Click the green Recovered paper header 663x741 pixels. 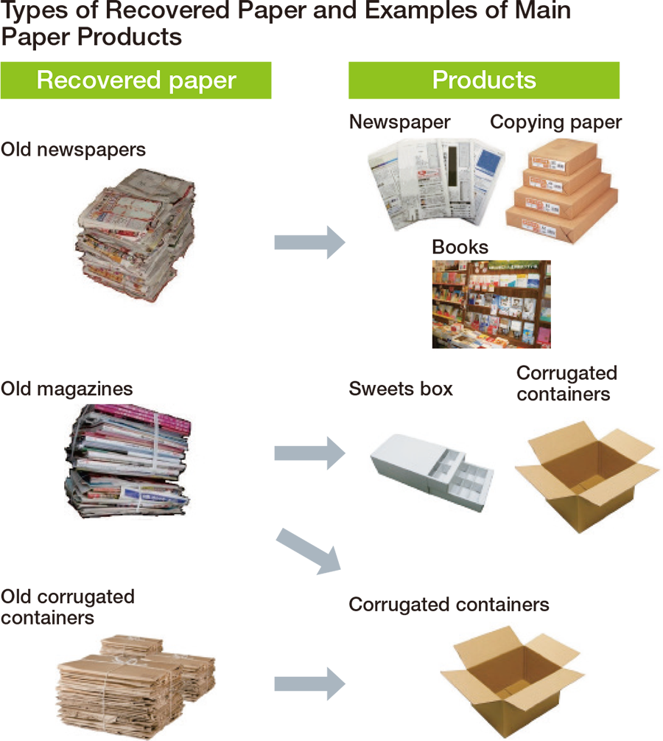point(136,80)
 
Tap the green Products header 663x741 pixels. point(484,80)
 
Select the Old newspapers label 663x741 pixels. point(73,150)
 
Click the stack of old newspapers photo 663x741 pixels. point(136,234)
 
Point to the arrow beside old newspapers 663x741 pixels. point(310,242)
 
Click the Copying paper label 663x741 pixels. point(555,122)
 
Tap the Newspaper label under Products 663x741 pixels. point(399,122)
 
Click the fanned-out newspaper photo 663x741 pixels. point(435,184)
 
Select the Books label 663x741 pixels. point(460,247)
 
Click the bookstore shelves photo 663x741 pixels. point(491,305)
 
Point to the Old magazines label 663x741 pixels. point(66,389)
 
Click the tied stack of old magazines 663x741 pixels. point(127,461)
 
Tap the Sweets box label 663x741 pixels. point(401,389)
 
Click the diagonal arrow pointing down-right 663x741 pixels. point(309,552)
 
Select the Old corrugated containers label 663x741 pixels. point(68,607)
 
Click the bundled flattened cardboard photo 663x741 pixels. point(136,686)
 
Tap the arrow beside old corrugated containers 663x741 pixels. point(310,683)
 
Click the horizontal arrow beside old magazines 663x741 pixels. point(310,453)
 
